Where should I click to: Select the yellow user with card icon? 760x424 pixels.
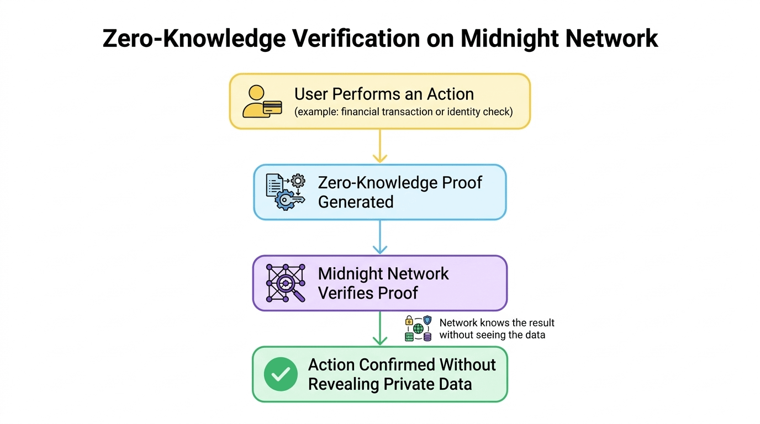(x=262, y=102)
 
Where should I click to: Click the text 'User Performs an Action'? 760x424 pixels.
(x=384, y=94)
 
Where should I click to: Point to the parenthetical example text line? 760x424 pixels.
(x=403, y=112)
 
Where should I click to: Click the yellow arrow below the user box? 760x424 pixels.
(x=380, y=146)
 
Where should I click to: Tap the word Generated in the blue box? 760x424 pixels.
(x=356, y=202)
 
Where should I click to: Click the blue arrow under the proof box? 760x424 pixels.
(x=380, y=237)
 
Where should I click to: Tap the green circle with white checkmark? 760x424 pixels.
(x=281, y=374)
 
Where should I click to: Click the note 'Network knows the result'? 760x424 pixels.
(x=497, y=323)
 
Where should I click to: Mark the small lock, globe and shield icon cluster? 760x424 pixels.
(x=418, y=328)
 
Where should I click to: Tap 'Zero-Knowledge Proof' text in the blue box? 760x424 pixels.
(x=400, y=183)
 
